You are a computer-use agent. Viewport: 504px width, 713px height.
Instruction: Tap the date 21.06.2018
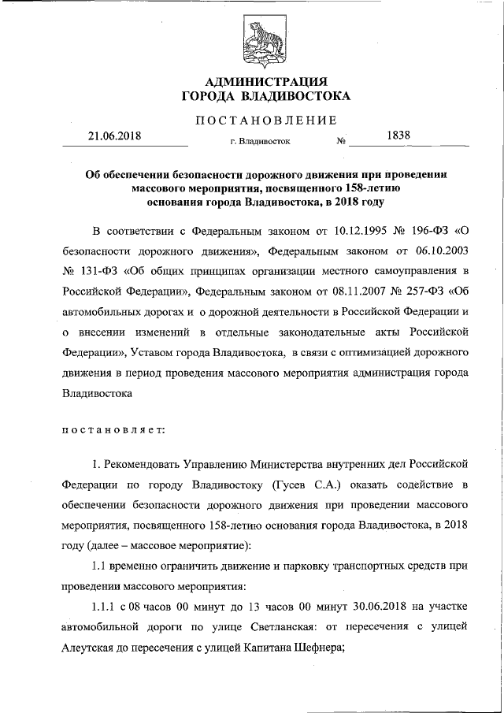(113, 136)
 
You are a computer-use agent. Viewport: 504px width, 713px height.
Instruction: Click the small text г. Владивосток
(260, 143)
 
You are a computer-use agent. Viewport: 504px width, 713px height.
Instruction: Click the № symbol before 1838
(342, 143)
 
